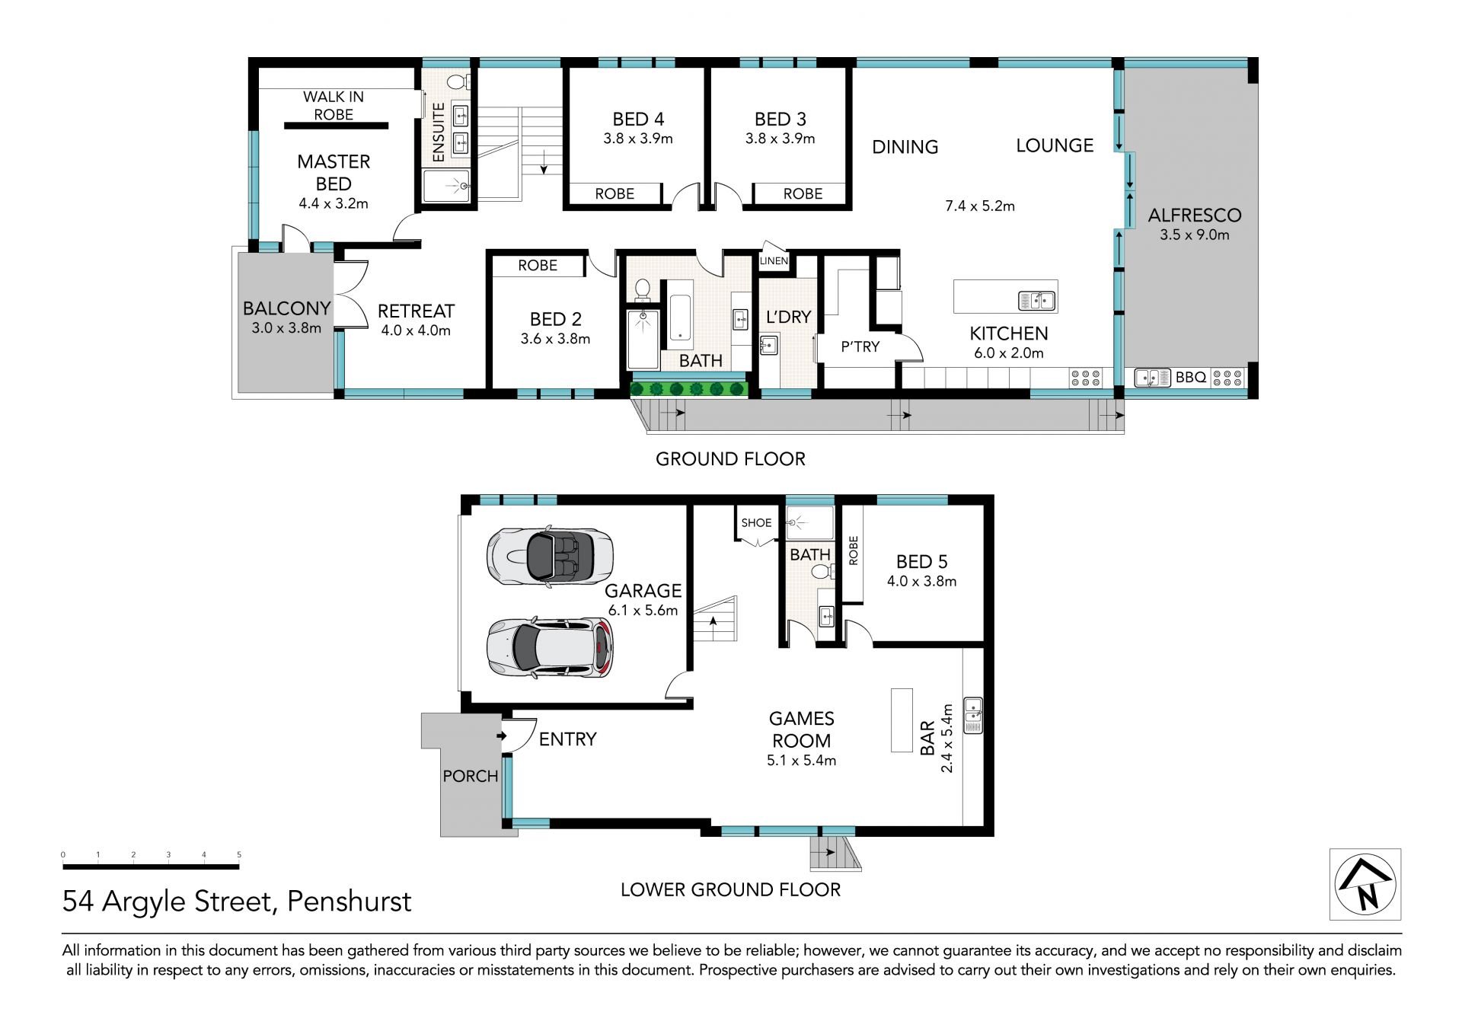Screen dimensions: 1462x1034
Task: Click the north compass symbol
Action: point(1365,885)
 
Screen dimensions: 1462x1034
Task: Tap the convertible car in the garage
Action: point(550,556)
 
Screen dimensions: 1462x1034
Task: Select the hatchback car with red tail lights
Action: point(550,647)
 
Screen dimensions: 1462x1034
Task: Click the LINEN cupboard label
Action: point(774,261)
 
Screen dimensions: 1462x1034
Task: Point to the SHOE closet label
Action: point(756,523)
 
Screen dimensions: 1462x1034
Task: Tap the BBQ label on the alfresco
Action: point(1190,377)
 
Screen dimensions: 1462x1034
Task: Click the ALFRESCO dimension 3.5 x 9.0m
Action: point(1194,235)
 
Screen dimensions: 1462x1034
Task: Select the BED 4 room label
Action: point(638,120)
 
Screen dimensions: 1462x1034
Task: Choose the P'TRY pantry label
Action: point(860,347)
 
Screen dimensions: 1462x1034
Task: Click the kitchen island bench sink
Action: point(1037,301)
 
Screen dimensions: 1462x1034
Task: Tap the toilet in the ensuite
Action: point(458,81)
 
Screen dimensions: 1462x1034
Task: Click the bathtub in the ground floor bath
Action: point(680,314)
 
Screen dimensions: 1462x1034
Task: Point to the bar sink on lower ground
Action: point(972,715)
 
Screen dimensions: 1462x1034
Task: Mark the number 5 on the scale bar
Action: point(239,855)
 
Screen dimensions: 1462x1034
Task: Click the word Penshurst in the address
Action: point(349,902)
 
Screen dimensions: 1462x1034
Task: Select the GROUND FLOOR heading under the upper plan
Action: point(730,459)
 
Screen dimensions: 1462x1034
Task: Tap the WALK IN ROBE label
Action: point(334,106)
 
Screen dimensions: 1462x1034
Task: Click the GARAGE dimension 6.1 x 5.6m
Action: point(643,611)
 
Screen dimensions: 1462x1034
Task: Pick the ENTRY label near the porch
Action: point(567,739)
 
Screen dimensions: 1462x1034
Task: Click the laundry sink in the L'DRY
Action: point(768,346)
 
